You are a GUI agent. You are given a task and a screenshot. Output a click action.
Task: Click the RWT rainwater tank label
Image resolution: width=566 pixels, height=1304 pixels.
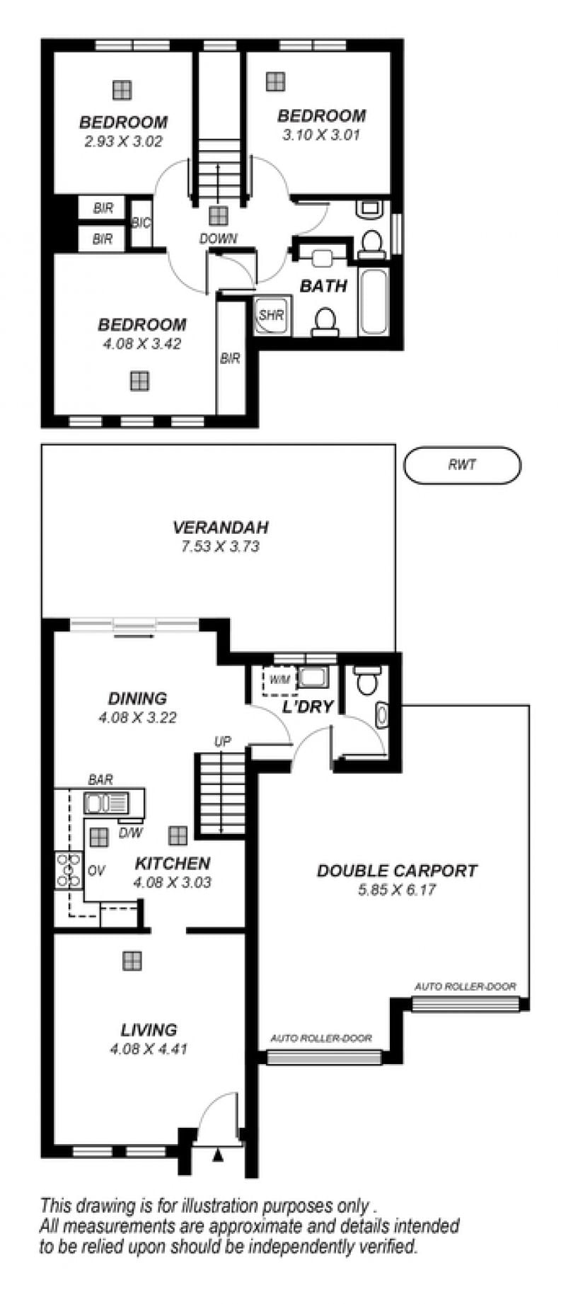tap(462, 465)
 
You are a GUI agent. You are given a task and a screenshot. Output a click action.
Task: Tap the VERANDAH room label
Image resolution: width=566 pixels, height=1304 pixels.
tap(221, 527)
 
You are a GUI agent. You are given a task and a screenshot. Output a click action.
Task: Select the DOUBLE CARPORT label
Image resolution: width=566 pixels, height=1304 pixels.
tap(397, 871)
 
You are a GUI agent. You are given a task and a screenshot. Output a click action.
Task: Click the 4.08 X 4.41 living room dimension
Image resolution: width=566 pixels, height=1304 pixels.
tap(149, 1049)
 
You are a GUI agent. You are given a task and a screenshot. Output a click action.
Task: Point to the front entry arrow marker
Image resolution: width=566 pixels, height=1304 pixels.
tap(218, 1156)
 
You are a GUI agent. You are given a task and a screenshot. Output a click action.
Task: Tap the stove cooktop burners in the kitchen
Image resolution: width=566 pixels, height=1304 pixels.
tap(69, 871)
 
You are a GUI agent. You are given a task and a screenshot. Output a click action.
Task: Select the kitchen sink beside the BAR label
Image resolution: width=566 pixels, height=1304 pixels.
tap(107, 803)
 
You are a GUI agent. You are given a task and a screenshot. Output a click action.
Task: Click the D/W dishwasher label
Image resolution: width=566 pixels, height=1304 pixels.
tap(130, 833)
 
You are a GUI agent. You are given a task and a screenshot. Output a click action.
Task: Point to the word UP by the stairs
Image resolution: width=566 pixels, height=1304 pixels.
tap(222, 742)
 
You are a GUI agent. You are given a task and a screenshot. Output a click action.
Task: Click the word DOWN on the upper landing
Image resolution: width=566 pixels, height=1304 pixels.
tap(218, 239)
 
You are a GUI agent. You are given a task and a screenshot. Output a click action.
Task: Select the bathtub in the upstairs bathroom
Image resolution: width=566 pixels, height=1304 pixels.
tap(374, 300)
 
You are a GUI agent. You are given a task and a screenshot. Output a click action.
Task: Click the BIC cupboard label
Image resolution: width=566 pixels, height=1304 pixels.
tap(141, 223)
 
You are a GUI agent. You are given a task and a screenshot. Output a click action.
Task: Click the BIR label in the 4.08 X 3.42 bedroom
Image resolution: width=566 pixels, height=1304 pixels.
tap(230, 359)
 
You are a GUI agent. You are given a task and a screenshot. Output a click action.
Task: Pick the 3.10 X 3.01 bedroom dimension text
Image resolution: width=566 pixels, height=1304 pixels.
tap(321, 135)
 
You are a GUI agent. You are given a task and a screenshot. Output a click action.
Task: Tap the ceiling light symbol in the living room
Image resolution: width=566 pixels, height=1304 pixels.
tap(132, 961)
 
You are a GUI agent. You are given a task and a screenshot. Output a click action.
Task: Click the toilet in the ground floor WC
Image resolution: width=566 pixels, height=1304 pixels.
tap(366, 680)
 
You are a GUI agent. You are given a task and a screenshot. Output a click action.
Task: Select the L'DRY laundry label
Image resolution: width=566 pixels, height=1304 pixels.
tap(308, 707)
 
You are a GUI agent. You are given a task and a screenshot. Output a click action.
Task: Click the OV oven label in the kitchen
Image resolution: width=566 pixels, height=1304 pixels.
tap(97, 871)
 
